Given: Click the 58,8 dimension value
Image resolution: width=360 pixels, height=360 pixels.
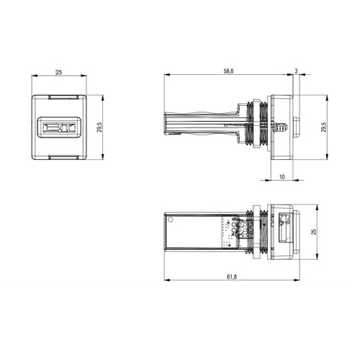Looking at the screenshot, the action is coord(228,71).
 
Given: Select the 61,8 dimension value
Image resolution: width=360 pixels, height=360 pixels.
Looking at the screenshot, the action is coord(232,276).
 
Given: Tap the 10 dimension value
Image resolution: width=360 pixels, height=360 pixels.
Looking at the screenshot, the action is coord(282,177).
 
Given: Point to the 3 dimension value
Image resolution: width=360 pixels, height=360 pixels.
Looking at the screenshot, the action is coord(296,71).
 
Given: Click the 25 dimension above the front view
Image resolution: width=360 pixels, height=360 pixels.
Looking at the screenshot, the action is coord(59,72).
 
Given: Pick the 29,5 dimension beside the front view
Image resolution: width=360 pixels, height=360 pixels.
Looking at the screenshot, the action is coord(99,127).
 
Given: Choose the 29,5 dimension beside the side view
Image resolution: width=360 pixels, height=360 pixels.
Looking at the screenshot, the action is coord(323,127).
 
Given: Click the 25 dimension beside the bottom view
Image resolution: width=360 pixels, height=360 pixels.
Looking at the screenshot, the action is coord(313,232).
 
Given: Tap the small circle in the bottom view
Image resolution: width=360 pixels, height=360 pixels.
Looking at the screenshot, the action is coord(171,220).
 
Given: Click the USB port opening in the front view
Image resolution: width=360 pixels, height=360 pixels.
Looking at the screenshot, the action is coord(59,127).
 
